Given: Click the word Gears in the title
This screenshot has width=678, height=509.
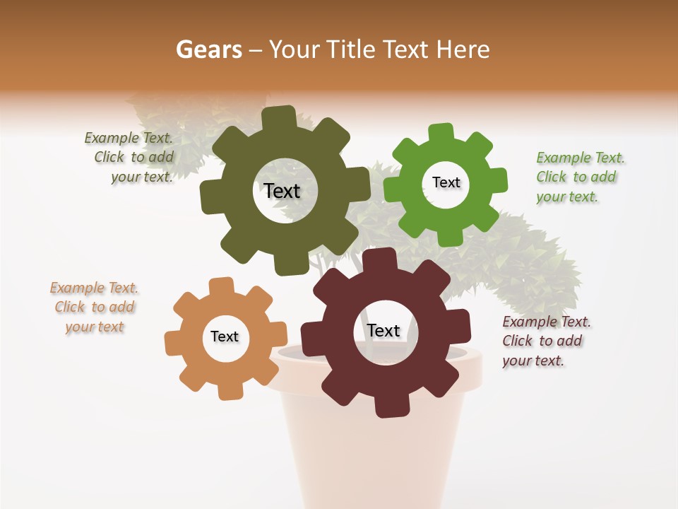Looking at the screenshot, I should (208, 49).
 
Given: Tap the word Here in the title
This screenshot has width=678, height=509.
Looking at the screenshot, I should (463, 49).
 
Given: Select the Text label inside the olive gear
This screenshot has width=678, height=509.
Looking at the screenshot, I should (282, 191).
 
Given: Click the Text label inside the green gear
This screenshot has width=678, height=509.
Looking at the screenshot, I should (446, 182).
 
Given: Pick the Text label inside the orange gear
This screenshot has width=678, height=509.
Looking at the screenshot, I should (225, 337).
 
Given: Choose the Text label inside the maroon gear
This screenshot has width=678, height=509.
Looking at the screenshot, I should (383, 330).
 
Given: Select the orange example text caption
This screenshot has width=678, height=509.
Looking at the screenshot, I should (95, 307).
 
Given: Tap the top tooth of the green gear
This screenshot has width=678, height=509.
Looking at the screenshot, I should (441, 132).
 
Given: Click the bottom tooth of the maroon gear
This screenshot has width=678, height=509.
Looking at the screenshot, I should (389, 408).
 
